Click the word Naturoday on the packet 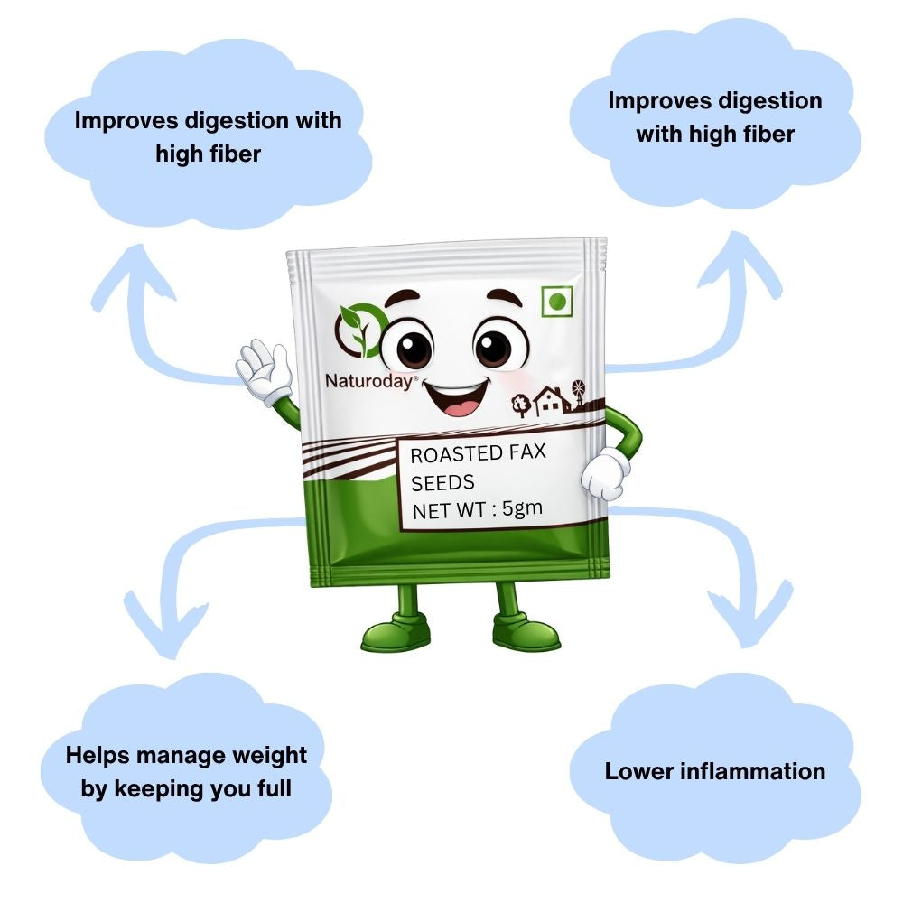(x=368, y=381)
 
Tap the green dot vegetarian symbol (x=557, y=301)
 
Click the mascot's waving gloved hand (x=265, y=371)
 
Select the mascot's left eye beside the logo (x=407, y=345)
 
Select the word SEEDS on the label (x=442, y=482)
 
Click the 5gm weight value (x=522, y=507)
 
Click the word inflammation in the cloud (x=753, y=771)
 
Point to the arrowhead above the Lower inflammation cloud (x=749, y=615)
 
